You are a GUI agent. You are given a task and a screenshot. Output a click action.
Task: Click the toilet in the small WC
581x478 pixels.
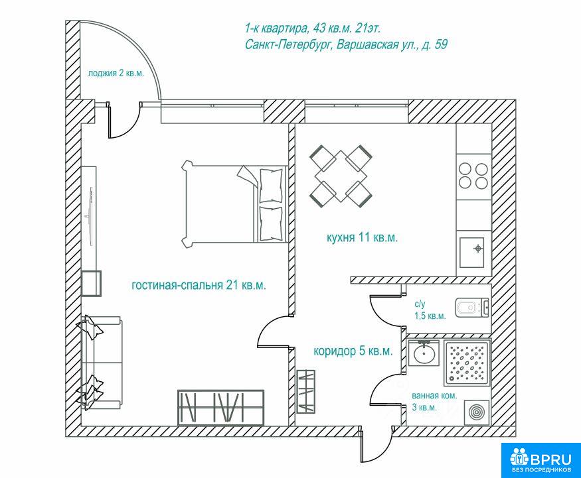(x=472, y=308)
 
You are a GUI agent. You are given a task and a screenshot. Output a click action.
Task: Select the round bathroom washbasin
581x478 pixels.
(x=424, y=353)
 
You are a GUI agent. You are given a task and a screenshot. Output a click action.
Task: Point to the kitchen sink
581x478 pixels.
(x=471, y=253)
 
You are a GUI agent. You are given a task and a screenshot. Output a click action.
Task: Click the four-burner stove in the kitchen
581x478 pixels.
(x=473, y=176)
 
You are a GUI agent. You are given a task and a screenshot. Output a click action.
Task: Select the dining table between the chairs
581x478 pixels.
(x=341, y=176)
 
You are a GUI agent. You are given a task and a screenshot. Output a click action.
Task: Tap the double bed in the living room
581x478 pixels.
(x=235, y=204)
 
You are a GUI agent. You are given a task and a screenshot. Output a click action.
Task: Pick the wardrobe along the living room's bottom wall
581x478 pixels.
(x=221, y=407)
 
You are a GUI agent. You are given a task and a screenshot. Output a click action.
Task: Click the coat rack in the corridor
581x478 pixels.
(x=306, y=391)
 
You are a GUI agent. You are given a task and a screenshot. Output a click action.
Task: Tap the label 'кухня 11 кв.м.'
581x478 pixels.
(x=362, y=237)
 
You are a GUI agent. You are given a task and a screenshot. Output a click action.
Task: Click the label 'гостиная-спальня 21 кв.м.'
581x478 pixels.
(x=199, y=285)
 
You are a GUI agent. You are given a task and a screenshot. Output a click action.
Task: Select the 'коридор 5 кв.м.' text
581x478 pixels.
(x=353, y=351)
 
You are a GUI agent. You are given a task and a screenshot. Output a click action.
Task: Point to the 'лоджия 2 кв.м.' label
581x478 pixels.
(x=116, y=73)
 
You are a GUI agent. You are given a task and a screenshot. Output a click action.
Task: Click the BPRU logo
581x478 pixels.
(x=541, y=460)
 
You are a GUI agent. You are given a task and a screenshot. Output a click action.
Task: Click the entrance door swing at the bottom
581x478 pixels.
(x=376, y=444)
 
